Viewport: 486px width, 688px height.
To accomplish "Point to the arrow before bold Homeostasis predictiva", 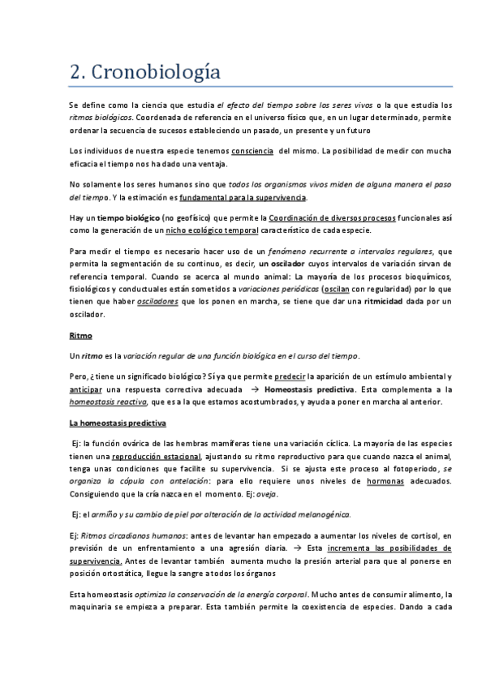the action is pyautogui.click(x=252, y=389).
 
